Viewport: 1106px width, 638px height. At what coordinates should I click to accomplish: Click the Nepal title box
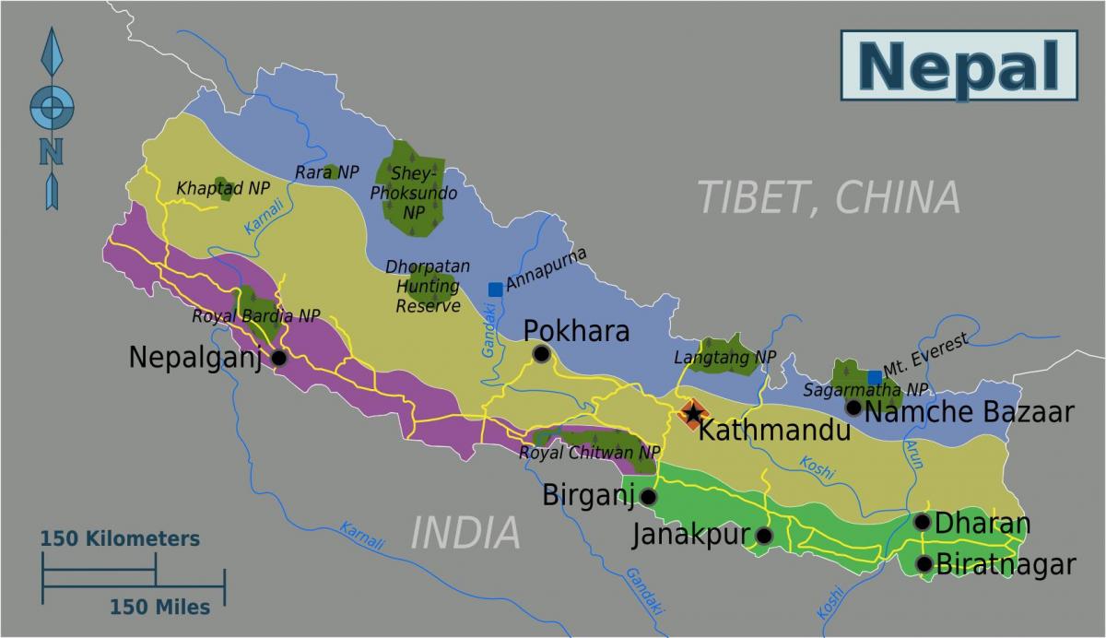pyautogui.click(x=959, y=65)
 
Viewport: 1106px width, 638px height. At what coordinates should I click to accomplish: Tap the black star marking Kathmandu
pyautogui.click(x=692, y=414)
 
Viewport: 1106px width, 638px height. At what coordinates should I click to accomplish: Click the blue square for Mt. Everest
pyautogui.click(x=874, y=377)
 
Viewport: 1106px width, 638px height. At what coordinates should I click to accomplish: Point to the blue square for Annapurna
pyautogui.click(x=495, y=289)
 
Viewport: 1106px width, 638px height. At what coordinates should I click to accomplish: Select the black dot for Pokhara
pyautogui.click(x=541, y=354)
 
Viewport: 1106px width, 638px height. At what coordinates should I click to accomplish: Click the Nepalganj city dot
pyautogui.click(x=279, y=359)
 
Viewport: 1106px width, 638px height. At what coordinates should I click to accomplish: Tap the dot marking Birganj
pyautogui.click(x=648, y=497)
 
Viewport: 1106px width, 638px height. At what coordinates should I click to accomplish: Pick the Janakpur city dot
pyautogui.click(x=763, y=535)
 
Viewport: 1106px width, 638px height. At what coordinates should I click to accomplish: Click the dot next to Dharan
pyautogui.click(x=922, y=522)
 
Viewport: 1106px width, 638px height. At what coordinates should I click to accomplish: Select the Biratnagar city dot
pyautogui.click(x=924, y=563)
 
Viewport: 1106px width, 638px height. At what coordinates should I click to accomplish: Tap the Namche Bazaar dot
pyautogui.click(x=853, y=408)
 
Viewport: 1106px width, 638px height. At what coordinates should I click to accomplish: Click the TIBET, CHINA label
pyautogui.click(x=828, y=197)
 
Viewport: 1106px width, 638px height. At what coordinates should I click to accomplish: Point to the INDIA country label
pyautogui.click(x=465, y=533)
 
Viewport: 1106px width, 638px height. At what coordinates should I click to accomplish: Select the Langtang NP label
pyautogui.click(x=724, y=357)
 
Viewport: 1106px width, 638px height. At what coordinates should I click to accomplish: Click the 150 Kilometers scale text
pyautogui.click(x=120, y=538)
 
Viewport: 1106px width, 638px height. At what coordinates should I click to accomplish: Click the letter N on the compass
pyautogui.click(x=52, y=150)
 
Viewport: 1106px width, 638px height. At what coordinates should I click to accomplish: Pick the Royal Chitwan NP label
pyautogui.click(x=590, y=453)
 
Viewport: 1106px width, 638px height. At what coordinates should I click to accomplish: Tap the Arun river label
pyautogui.click(x=913, y=454)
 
